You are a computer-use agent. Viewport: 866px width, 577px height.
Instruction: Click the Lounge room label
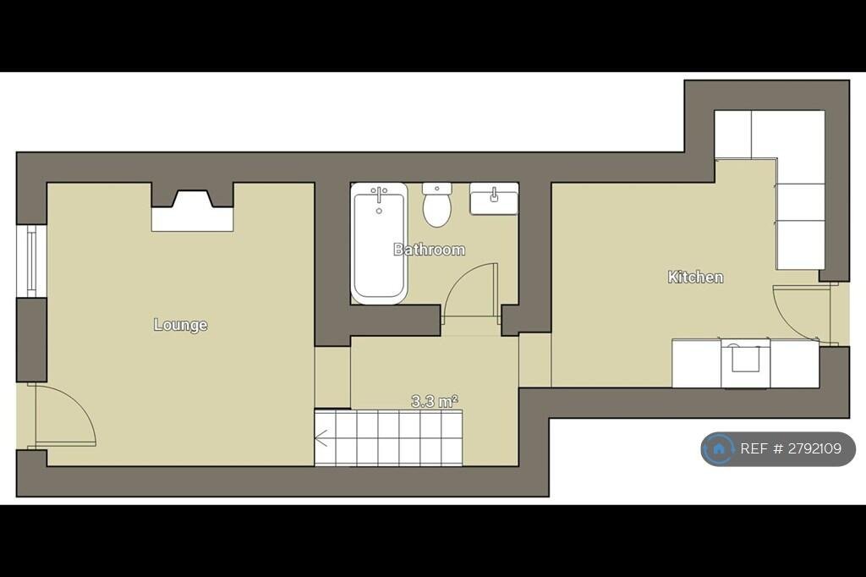click(181, 324)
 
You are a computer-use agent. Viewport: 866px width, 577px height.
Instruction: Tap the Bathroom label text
click(429, 250)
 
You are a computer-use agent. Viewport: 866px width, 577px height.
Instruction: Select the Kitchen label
click(695, 277)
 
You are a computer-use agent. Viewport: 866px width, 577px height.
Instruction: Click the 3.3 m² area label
click(435, 401)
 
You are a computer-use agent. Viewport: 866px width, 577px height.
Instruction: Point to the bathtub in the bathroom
click(379, 244)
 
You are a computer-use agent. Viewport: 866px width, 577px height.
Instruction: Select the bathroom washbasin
click(494, 199)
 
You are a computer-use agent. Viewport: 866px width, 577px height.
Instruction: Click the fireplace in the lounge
click(192, 206)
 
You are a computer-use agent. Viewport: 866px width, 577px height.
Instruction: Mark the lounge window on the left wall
click(31, 261)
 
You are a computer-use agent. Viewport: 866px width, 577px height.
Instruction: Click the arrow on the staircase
click(323, 437)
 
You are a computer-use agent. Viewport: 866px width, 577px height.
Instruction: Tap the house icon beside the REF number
click(719, 448)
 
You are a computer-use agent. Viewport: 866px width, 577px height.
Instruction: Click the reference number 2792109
click(814, 448)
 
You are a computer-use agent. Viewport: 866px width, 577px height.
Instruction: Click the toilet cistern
click(437, 189)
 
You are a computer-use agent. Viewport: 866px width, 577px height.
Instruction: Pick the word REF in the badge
click(753, 448)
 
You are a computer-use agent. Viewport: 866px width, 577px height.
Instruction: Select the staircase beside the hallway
click(389, 437)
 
